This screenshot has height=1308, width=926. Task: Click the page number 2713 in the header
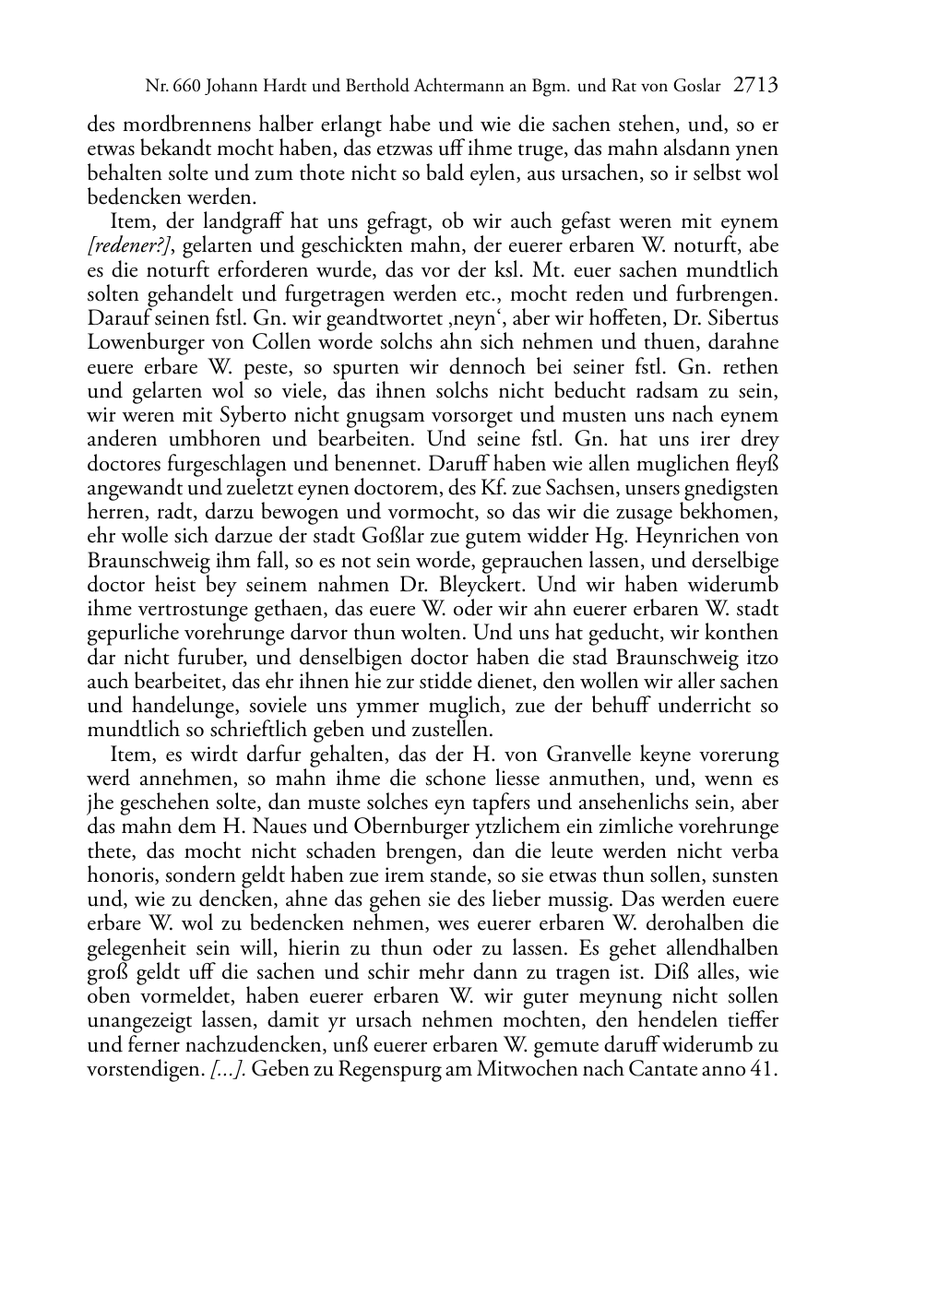pyautogui.click(x=756, y=87)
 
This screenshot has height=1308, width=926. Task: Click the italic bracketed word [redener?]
pyautogui.click(x=125, y=246)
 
